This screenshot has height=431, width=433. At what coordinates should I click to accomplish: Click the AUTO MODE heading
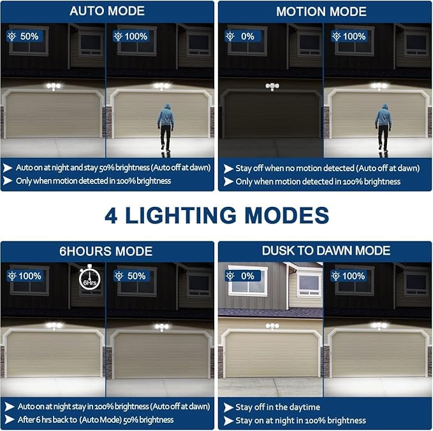point(107,11)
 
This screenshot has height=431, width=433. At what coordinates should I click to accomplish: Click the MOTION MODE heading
point(321,11)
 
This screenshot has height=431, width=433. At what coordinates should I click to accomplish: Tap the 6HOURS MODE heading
point(107,251)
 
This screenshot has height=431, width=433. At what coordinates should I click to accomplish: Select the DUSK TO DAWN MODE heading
point(326,251)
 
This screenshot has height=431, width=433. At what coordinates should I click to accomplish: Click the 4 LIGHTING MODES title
point(216,215)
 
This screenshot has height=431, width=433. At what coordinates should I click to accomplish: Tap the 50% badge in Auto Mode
point(24,36)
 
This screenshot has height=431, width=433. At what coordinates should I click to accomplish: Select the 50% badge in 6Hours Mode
point(131,276)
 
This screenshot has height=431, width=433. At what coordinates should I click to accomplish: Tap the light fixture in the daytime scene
point(273,327)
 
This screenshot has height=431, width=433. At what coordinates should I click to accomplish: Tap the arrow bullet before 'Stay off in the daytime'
point(228,407)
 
